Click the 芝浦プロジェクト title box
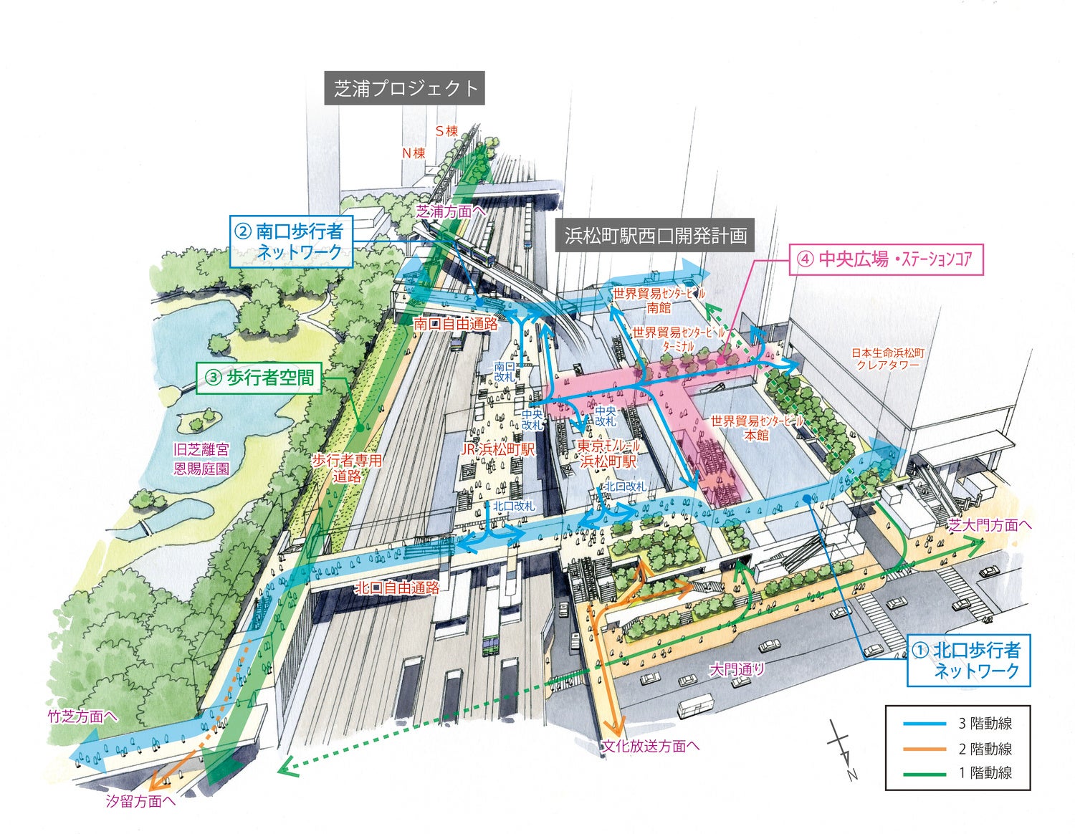(x=404, y=88)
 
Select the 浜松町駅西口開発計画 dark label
(x=655, y=235)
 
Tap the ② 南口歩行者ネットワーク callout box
(x=291, y=241)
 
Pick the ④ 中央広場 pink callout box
(x=887, y=259)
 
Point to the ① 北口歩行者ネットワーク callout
(x=968, y=660)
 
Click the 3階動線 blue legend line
(x=924, y=724)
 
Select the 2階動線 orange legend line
(x=924, y=749)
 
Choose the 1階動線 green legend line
(x=924, y=773)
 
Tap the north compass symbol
(x=841, y=749)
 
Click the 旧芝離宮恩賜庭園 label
(x=201, y=459)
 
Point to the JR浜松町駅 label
(x=498, y=450)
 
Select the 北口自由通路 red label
(x=397, y=588)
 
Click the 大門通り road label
(x=737, y=670)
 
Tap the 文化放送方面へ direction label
(x=651, y=746)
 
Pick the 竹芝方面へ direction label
(x=82, y=716)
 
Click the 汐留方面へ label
(x=140, y=801)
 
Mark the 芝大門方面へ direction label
(x=989, y=525)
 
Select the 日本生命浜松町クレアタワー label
(x=887, y=359)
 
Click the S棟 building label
(x=446, y=131)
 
